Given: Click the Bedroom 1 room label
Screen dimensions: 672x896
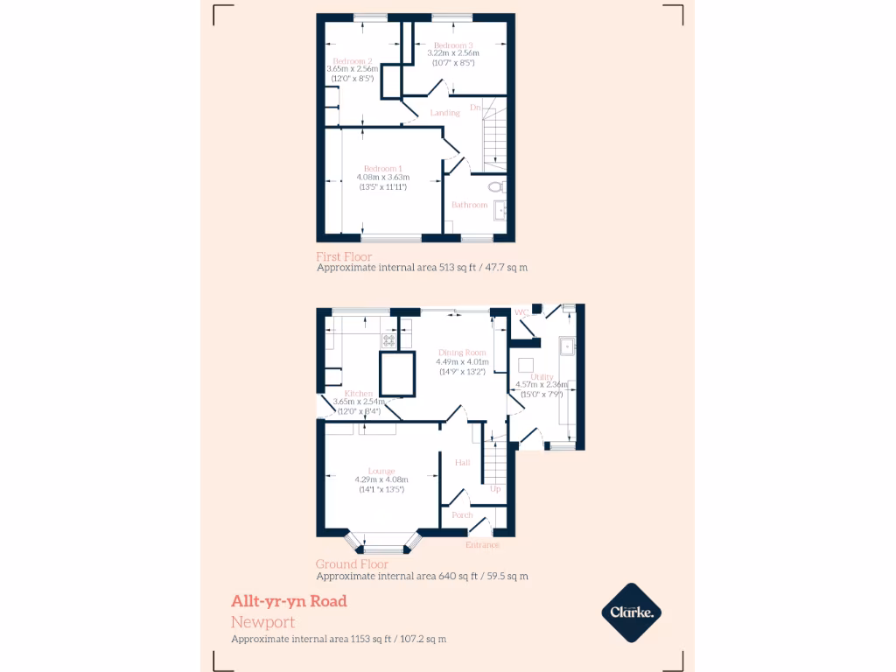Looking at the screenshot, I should (383, 168).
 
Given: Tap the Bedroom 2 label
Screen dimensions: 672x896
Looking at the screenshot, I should (353, 60).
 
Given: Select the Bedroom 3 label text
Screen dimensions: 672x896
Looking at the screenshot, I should (453, 45).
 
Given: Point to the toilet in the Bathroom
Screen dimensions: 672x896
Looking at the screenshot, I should (496, 186).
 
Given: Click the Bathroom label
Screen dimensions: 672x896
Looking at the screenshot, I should (469, 205).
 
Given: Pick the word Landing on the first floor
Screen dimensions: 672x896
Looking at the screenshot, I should (444, 113).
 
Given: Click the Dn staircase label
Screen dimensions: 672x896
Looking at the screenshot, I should (475, 108).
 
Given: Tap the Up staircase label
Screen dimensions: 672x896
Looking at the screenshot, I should (495, 488).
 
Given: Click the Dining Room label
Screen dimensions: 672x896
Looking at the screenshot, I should (463, 352).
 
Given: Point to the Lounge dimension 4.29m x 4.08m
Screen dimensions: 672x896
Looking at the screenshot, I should (381, 479).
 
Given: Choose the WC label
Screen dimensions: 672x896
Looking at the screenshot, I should (521, 311).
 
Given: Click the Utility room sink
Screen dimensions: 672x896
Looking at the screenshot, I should (567, 346).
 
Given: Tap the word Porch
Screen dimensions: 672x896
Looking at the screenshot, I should (462, 515).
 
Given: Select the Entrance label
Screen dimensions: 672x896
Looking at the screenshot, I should (482, 545).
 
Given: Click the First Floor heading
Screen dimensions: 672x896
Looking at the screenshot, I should (344, 257).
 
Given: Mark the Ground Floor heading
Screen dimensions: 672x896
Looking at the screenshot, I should (352, 564).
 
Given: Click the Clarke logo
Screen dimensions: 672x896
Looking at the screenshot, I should (631, 612).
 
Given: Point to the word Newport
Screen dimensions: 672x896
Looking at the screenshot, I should (262, 622).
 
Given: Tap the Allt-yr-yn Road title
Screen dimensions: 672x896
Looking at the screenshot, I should (289, 601).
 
